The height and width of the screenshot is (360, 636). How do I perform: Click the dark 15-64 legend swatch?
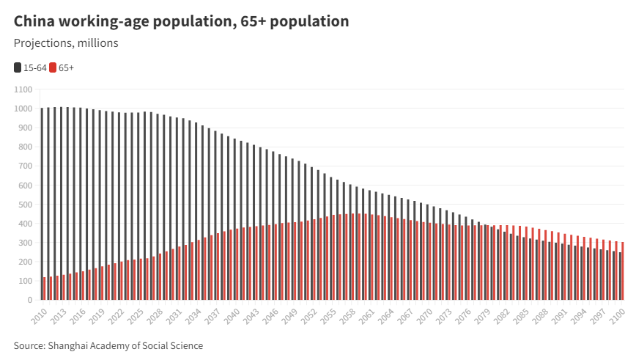18,67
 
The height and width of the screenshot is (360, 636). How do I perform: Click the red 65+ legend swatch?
53,67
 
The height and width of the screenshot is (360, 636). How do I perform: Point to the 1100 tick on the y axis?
23,89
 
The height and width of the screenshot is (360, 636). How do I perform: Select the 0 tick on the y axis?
29,300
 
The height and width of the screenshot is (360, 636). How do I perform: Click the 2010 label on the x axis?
40,315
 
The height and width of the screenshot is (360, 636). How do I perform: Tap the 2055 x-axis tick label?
330,315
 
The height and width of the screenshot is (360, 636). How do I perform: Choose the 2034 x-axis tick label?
194,315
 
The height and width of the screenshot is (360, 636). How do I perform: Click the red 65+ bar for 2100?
623,271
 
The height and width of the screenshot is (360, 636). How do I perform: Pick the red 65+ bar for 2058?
353,257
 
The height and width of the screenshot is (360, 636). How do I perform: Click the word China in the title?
34,21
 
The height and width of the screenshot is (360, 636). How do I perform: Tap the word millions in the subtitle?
100,43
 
